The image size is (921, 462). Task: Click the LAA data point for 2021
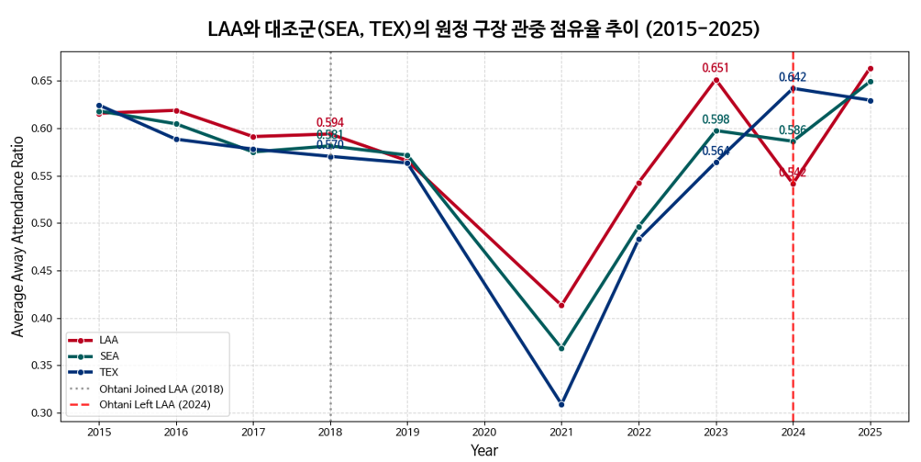(561, 305)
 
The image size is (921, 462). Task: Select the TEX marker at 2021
(561, 404)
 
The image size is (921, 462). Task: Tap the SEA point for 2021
(561, 348)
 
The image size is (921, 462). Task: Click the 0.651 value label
(716, 68)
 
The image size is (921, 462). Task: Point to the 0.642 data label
(793, 77)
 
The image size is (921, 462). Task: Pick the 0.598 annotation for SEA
(716, 119)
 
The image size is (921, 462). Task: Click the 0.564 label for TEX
(716, 152)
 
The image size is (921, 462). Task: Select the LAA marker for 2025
(870, 68)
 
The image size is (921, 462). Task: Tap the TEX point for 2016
(176, 139)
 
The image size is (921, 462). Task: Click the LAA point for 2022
(638, 183)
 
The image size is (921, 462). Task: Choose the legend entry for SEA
(109, 355)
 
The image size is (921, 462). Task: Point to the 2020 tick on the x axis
(484, 432)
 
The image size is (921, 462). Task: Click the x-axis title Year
(484, 450)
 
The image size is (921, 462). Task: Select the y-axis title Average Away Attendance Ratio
(17, 237)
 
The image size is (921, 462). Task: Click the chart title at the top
(483, 28)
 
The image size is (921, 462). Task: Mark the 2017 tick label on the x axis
(253, 432)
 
